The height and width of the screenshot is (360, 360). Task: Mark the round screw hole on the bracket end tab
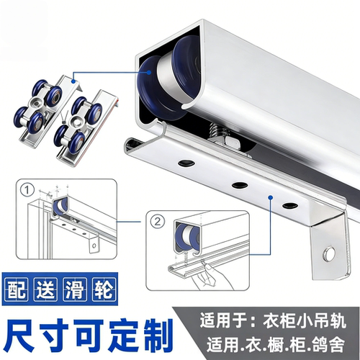330,253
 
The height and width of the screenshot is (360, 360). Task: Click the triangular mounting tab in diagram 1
93,245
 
